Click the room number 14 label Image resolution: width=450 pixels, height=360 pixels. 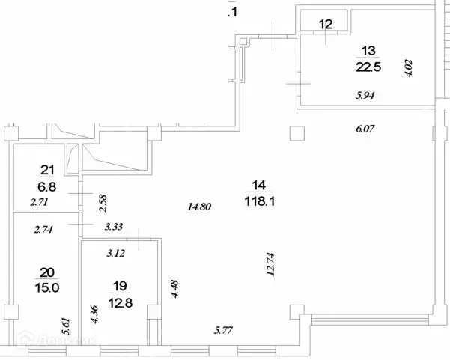(258, 185)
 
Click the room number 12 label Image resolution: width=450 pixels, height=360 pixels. (325, 24)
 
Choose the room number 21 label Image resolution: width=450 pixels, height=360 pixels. (47, 170)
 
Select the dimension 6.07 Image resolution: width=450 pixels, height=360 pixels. (364, 128)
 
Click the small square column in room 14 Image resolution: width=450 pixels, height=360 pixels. (297, 133)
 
